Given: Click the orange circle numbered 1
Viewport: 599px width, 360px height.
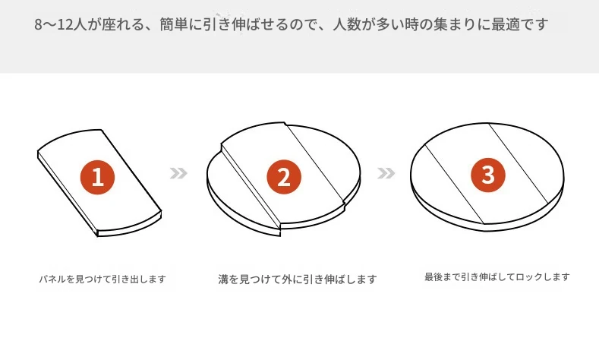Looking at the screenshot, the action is click(x=97, y=177).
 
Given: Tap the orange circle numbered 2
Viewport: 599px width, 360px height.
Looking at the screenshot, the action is click(x=284, y=177).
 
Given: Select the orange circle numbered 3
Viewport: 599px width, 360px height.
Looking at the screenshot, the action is click(x=488, y=175).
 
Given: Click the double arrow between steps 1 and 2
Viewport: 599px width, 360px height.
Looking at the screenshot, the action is click(x=178, y=173).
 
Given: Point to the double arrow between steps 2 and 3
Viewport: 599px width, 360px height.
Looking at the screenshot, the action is click(x=386, y=173).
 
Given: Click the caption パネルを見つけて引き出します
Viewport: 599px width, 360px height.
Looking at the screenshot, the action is click(x=102, y=279).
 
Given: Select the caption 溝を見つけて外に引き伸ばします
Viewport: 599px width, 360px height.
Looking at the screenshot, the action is click(x=298, y=279).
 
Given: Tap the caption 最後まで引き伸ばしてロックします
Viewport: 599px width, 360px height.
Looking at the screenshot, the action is click(x=497, y=276).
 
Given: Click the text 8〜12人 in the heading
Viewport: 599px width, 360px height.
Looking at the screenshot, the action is click(x=61, y=24).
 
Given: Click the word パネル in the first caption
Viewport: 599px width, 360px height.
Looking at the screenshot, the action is click(x=52, y=279).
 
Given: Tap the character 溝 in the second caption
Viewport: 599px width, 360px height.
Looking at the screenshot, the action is click(x=223, y=279).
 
